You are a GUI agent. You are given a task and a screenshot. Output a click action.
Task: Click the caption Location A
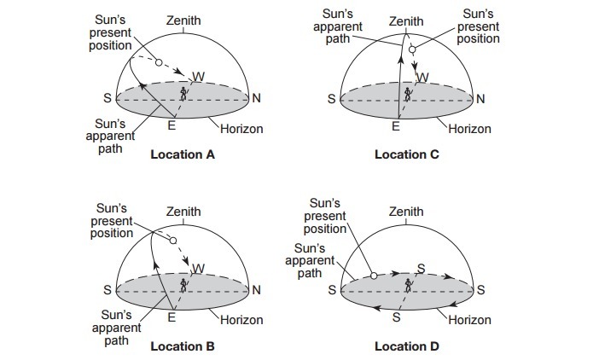click(183, 155)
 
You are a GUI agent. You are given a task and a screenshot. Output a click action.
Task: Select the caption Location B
click(183, 346)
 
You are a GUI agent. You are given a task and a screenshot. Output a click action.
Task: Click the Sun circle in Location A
click(159, 61)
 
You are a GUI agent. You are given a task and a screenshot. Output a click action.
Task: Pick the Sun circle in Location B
click(172, 241)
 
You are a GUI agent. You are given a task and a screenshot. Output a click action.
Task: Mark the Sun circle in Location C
click(412, 50)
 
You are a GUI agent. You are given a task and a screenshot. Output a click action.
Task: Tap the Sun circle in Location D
click(373, 276)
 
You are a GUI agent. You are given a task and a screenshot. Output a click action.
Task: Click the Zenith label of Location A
click(183, 19)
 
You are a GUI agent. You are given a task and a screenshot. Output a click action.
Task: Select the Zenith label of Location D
click(406, 212)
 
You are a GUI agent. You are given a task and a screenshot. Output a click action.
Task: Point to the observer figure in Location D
click(408, 283)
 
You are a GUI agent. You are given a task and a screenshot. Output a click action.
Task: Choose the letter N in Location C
click(480, 99)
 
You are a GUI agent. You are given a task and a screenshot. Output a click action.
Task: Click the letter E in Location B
click(172, 318)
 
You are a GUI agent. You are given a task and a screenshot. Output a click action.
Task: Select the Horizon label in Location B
click(241, 320)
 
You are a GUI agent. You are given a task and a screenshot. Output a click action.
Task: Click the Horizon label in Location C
click(470, 129)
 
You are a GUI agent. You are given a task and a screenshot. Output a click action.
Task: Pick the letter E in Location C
click(396, 127)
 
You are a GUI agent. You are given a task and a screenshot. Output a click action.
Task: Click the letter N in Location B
click(256, 290)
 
